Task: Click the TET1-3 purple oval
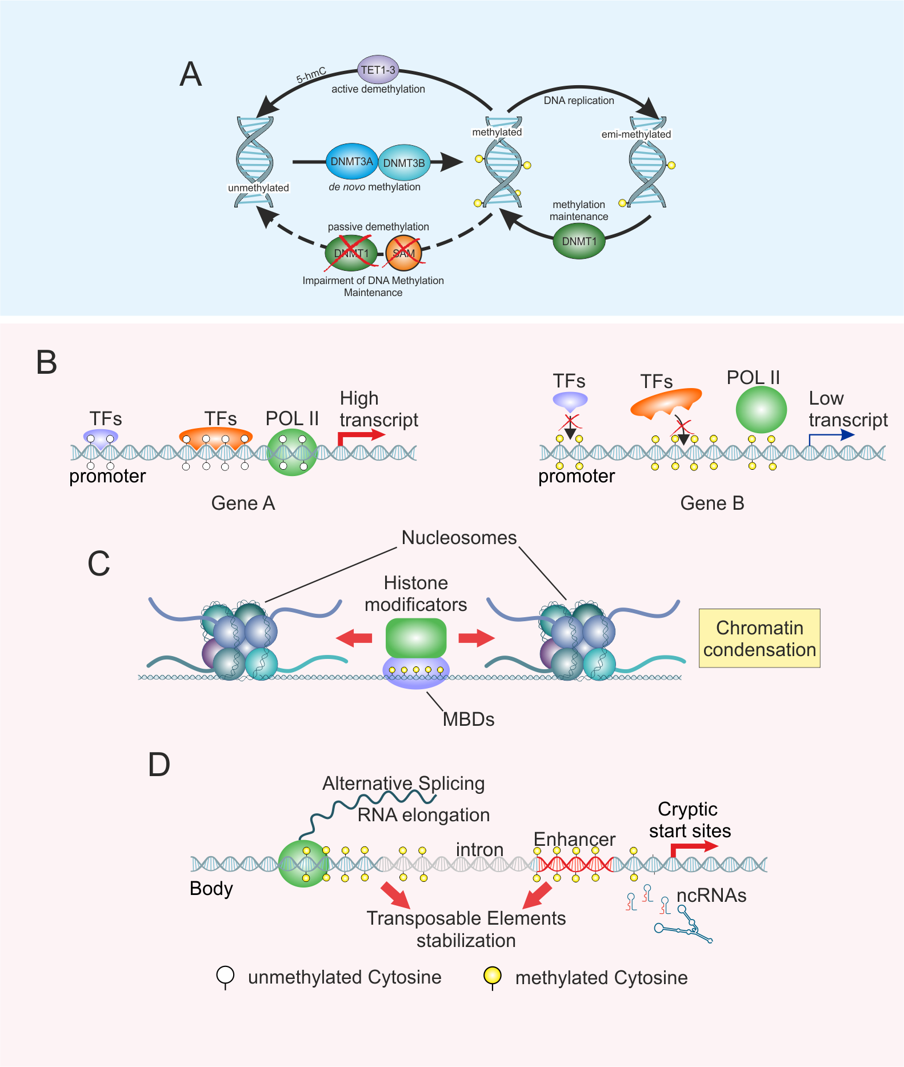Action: point(378,70)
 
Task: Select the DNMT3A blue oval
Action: point(351,162)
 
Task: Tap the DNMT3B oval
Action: point(404,163)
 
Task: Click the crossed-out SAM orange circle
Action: point(403,253)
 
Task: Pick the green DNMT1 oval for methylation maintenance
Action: point(579,241)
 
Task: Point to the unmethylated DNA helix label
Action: point(258,187)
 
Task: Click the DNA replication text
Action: point(578,101)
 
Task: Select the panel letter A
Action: point(191,74)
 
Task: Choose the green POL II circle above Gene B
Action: point(761,409)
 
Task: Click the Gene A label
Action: point(243,503)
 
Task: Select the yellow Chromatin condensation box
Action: point(759,638)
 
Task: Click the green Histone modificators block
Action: point(415,637)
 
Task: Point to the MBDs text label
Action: point(468,719)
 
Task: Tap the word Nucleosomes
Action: point(459,537)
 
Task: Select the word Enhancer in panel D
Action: point(574,839)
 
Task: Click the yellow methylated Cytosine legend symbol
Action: point(492,975)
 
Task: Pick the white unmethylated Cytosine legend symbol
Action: point(225,975)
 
